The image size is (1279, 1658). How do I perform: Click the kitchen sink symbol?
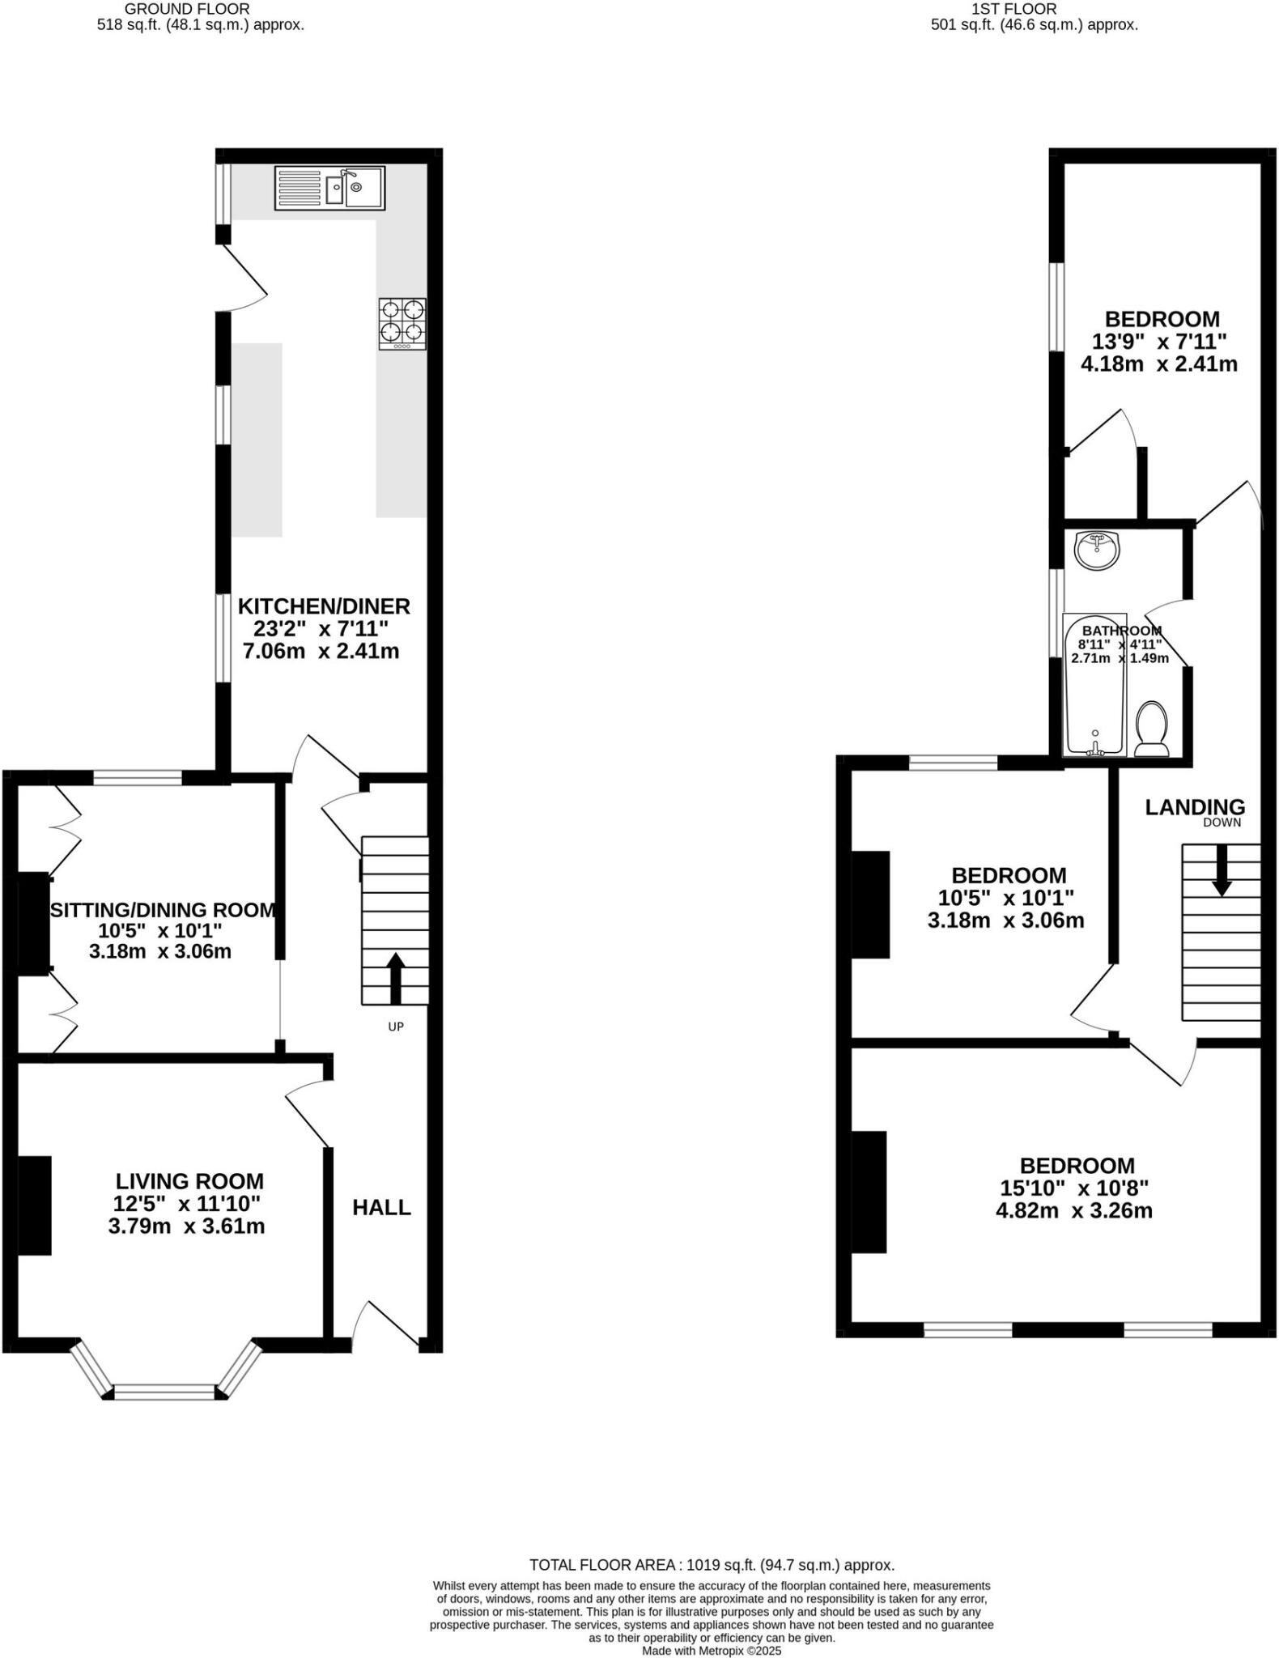click(x=329, y=188)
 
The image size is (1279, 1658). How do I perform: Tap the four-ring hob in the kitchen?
click(x=402, y=324)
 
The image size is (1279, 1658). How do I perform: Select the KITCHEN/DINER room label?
click(x=324, y=606)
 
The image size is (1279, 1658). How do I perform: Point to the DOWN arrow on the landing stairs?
click(x=1222, y=870)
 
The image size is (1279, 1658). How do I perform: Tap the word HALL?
click(x=381, y=1207)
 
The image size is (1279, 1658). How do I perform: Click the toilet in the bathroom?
click(x=1151, y=729)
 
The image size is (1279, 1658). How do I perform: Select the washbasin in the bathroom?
click(x=1097, y=551)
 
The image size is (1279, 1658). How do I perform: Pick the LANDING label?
click(x=1195, y=806)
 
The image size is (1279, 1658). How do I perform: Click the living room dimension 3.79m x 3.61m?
click(x=186, y=1226)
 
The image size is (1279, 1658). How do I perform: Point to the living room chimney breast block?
click(x=35, y=1205)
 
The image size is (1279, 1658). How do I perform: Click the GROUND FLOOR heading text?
click(x=186, y=9)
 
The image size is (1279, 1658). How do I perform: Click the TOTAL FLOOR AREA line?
click(x=712, y=1565)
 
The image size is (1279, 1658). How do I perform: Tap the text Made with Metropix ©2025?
click(x=712, y=1651)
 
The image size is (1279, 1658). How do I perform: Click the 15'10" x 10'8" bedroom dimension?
click(x=1074, y=1188)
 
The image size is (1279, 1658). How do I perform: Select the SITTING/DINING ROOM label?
click(x=162, y=910)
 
